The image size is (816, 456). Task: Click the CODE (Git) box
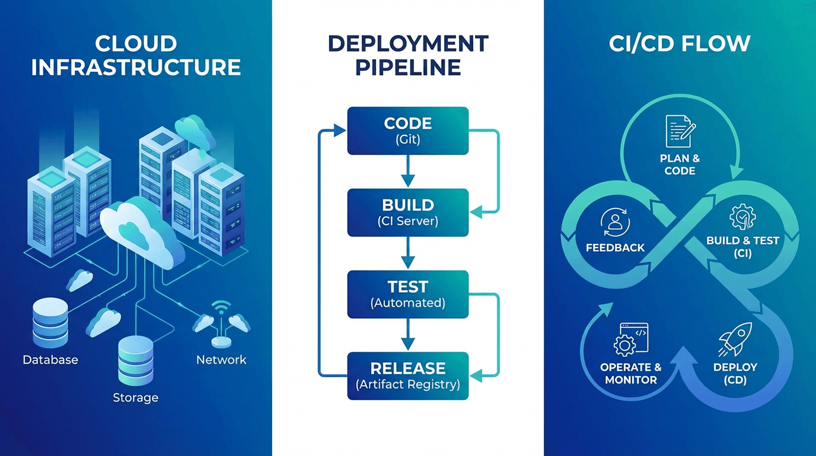[x=407, y=131]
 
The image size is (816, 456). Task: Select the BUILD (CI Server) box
[x=407, y=213]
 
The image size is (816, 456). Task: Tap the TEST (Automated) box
[x=407, y=294]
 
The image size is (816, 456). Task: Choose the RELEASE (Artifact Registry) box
[x=407, y=376]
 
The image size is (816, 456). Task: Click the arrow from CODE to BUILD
[x=407, y=172]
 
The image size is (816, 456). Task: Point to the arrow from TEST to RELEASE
[x=407, y=335]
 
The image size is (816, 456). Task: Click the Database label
[x=50, y=360]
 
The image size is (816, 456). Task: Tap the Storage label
[x=136, y=397]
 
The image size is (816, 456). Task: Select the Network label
[x=221, y=360]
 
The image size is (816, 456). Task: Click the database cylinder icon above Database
[x=50, y=324]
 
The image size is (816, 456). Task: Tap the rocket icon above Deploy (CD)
[x=735, y=339]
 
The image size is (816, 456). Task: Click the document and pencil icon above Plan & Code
[x=680, y=131]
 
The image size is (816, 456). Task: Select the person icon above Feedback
[x=615, y=221]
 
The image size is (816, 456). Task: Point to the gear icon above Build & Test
[x=742, y=217]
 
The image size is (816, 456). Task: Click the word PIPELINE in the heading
[x=407, y=66]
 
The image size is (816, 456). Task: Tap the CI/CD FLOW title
[x=680, y=43]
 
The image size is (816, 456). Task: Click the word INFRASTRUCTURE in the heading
[x=136, y=66]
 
